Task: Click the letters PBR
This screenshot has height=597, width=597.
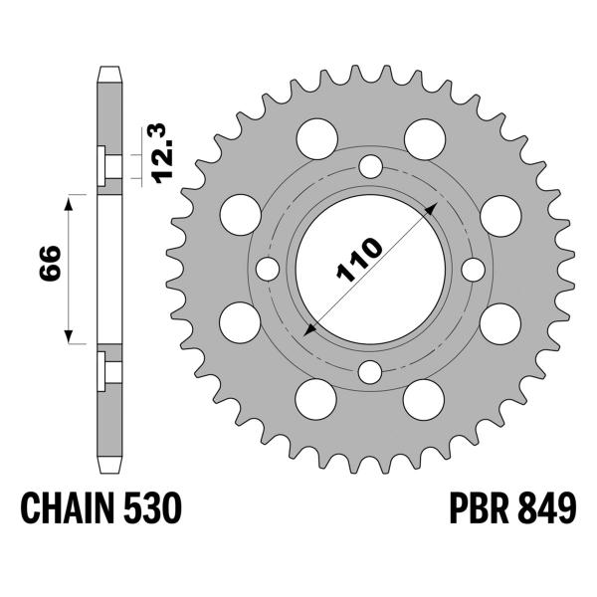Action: click(461, 511)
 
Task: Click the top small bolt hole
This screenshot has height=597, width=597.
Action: click(370, 165)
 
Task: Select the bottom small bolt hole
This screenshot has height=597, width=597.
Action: click(370, 372)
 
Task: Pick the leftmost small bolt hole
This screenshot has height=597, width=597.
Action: click(267, 269)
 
